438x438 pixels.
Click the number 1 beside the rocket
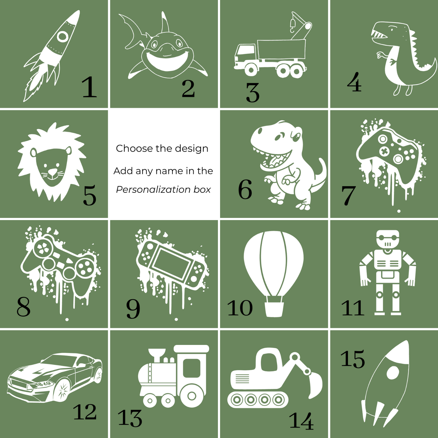(89, 87)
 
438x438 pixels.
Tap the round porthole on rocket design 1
(62, 36)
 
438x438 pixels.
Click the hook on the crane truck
(292, 26)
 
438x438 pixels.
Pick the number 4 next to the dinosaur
(354, 82)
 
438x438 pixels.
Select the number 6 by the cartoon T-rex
(245, 189)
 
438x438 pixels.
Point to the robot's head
(388, 239)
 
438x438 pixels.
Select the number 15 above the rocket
(353, 359)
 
